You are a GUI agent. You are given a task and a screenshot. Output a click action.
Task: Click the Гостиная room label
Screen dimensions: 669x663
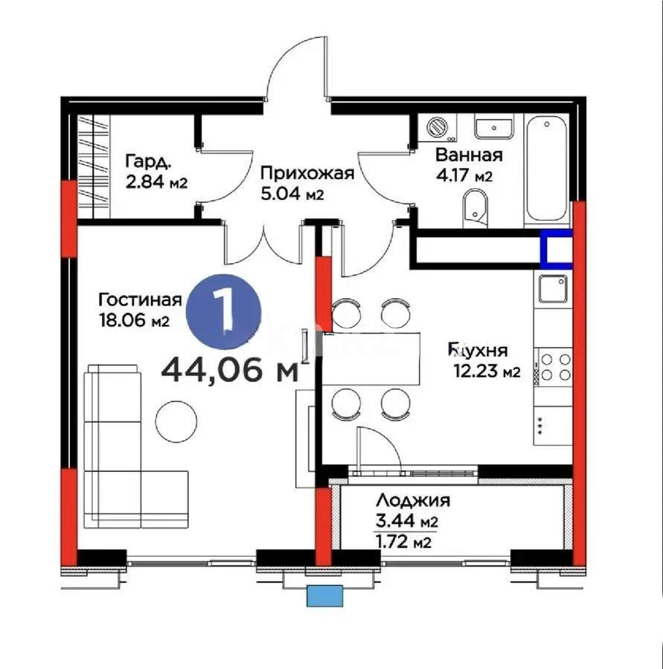pos(140,300)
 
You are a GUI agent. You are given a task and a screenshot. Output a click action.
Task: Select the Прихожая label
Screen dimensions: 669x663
pos(306,174)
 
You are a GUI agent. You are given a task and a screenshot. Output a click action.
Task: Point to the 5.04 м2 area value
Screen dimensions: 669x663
pos(292,195)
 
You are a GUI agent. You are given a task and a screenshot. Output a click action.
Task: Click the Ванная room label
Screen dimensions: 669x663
pos(469,155)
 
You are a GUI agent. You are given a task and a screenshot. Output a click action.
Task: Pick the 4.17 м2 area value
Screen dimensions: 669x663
pos(463,177)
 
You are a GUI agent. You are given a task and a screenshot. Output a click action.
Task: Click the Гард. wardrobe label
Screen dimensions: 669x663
pos(150,161)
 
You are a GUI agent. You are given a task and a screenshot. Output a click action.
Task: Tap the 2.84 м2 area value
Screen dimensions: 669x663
pos(156,182)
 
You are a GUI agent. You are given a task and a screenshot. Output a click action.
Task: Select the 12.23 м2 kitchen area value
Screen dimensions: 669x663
pos(487,372)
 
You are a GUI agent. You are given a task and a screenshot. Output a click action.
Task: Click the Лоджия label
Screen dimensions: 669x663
pos(412,500)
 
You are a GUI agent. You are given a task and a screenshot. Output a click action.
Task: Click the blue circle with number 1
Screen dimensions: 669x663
pos(223,310)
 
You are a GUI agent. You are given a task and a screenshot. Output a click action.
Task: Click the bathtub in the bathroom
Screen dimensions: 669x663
pos(547,168)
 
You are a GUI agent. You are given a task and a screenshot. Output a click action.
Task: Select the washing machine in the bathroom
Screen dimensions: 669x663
pos(440,128)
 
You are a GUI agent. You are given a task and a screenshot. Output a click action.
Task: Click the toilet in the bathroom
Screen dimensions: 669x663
pos(474,206)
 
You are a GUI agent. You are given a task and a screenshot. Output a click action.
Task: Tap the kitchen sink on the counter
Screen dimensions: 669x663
pos(552,288)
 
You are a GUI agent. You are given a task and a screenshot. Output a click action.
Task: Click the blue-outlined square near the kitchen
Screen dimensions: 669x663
pos(556,249)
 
